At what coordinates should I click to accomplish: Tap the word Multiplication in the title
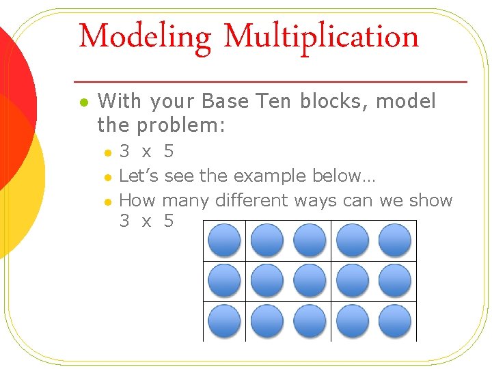[320, 36]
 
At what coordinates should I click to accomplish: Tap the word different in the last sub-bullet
[252, 200]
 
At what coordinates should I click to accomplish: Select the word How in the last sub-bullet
[137, 200]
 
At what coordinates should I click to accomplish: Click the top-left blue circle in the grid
[224, 240]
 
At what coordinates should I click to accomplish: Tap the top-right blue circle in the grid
[394, 240]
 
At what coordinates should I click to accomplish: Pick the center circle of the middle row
[310, 281]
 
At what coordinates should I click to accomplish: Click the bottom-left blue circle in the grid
[224, 320]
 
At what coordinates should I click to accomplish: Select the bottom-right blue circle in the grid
[394, 320]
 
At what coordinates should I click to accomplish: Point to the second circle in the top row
[266, 240]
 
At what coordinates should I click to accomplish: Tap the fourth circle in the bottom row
[352, 320]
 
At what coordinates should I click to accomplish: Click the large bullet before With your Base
[83, 102]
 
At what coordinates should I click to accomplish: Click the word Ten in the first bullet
[272, 102]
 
